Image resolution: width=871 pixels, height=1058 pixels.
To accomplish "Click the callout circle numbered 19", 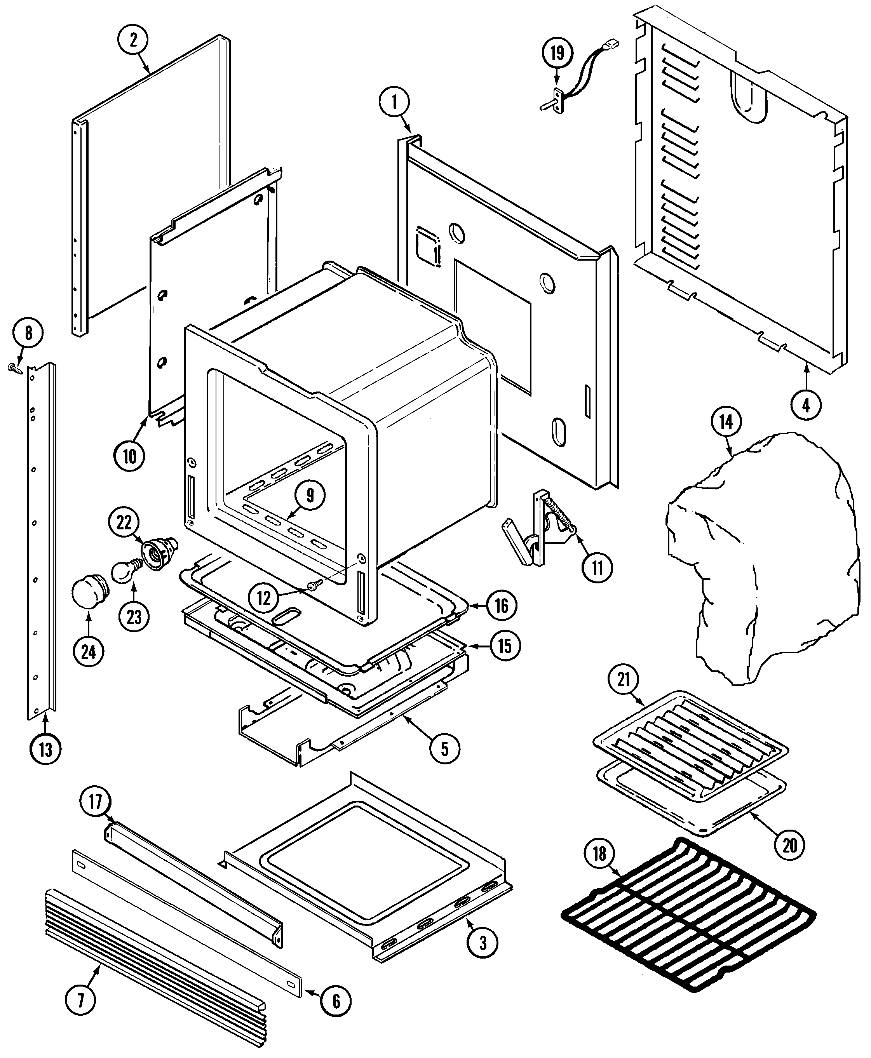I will click(557, 53).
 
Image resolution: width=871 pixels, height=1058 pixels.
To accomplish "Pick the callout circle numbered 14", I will click(726, 422).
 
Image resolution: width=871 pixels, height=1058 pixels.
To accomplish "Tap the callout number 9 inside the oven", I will click(310, 495).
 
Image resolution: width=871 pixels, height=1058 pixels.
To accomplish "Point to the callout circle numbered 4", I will click(806, 404).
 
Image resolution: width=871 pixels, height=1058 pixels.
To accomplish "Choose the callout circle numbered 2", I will click(133, 40).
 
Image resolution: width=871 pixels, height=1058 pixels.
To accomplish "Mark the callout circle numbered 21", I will click(623, 680).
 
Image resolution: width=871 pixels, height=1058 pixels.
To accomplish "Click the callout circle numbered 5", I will click(444, 749).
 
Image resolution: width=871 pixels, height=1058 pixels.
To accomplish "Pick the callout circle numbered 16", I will click(501, 606).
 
